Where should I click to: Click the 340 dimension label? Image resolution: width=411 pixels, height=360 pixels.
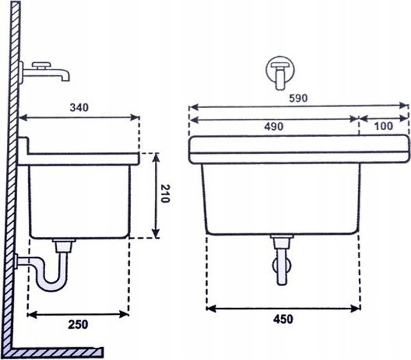[79, 107]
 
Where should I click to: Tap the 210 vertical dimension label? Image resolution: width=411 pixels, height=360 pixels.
[165, 194]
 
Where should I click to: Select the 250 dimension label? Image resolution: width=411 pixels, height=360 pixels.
[78, 324]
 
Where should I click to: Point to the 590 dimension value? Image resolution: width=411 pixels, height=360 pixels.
[298, 98]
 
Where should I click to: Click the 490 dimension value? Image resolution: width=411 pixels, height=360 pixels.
[273, 127]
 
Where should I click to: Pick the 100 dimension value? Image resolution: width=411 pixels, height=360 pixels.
[384, 126]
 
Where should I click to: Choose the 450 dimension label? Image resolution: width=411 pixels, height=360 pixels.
[283, 320]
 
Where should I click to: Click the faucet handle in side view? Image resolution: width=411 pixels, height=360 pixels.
[40, 64]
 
